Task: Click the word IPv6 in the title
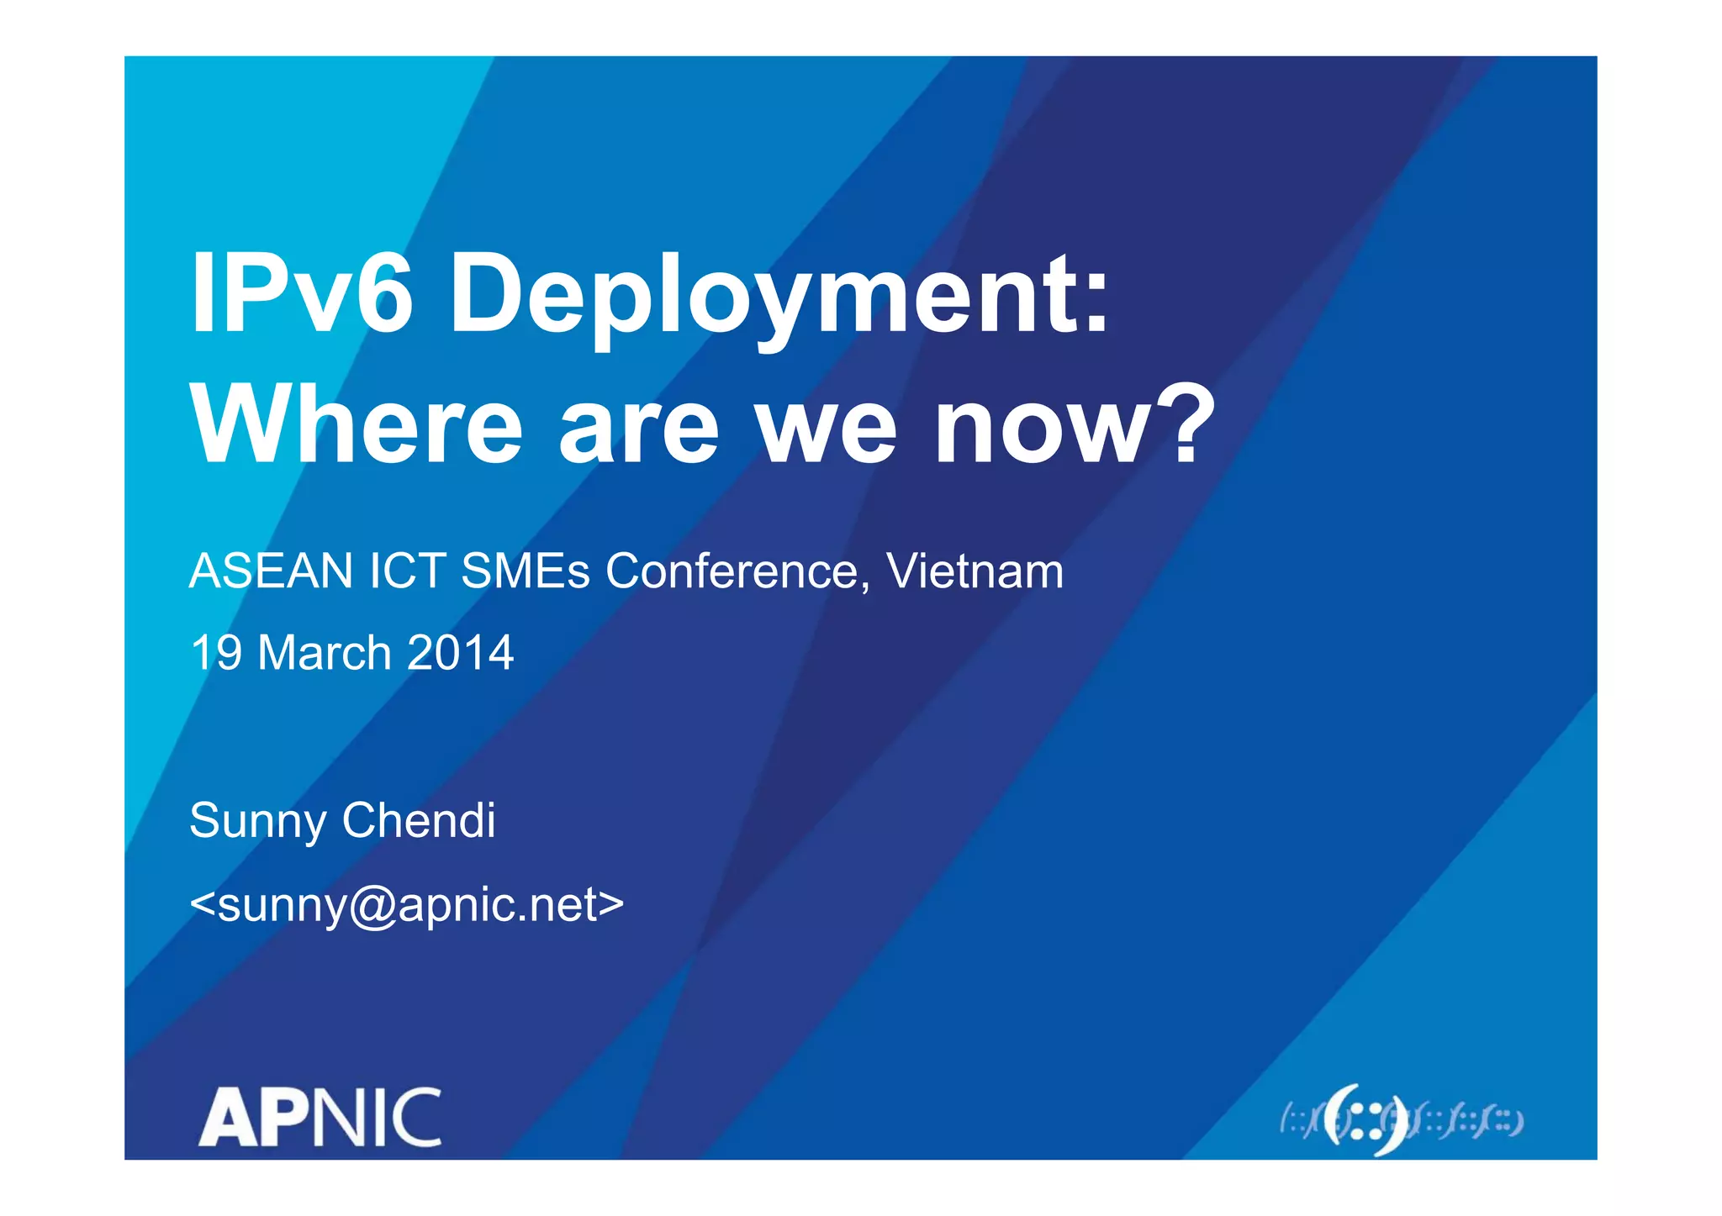(302, 293)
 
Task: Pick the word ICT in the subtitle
(408, 571)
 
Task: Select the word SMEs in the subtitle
(526, 571)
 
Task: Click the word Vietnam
(975, 571)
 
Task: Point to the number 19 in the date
(216, 653)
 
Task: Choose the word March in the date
(325, 653)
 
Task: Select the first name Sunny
(257, 822)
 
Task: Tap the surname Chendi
(419, 820)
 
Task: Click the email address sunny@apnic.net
(407, 905)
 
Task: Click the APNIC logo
(320, 1118)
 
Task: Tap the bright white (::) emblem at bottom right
(1365, 1121)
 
